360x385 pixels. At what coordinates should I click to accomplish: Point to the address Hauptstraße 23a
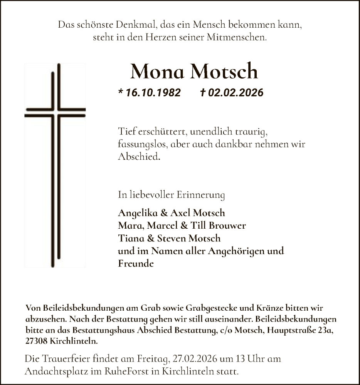[x=304, y=331]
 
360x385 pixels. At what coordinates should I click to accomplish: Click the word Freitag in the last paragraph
[x=152, y=360]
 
